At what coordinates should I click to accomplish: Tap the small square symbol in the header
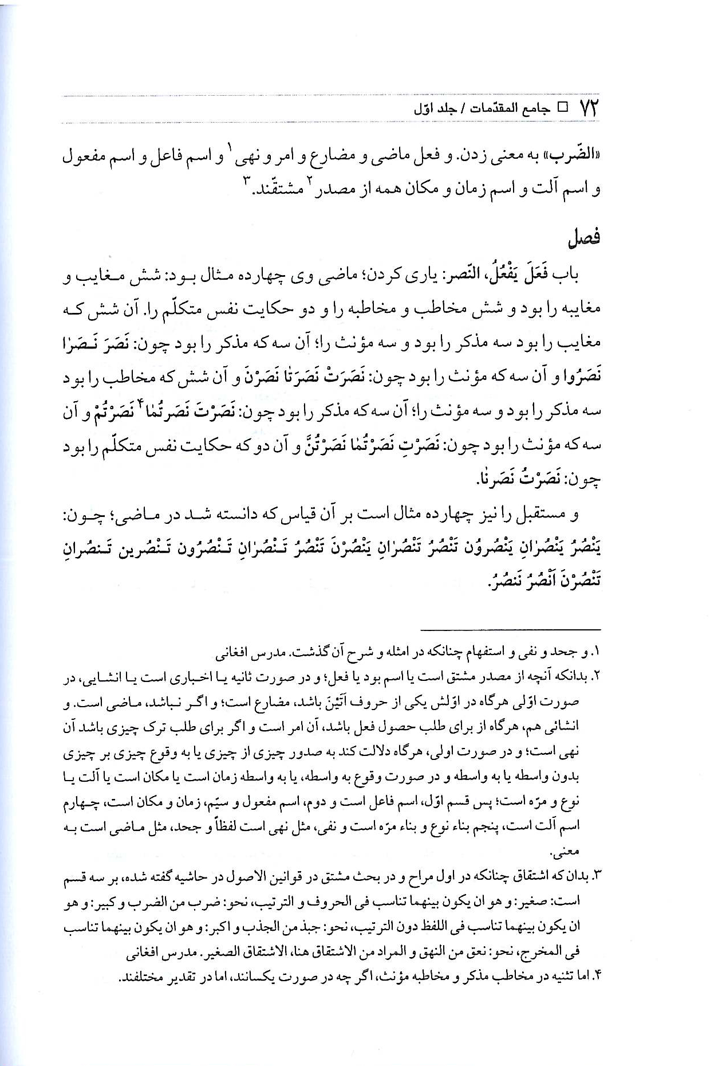tap(562, 108)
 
